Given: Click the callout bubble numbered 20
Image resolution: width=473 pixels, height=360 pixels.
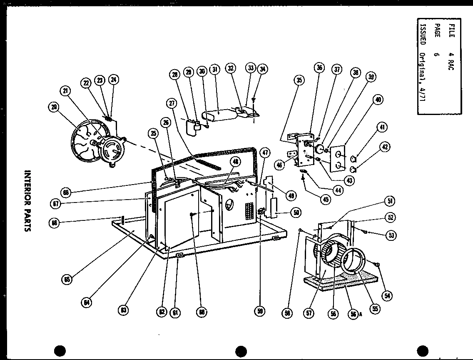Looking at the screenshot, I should (54, 107).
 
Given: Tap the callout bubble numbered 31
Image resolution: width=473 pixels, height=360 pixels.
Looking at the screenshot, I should (215, 70).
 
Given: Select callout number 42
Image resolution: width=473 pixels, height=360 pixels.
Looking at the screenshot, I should (385, 146).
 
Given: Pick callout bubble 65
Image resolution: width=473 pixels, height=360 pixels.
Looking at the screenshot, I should (66, 279).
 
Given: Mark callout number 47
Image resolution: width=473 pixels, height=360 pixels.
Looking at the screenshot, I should (265, 152).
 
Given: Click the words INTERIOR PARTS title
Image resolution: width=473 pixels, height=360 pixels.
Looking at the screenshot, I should (28, 200).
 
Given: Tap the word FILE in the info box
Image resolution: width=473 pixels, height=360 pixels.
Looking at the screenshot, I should (452, 30).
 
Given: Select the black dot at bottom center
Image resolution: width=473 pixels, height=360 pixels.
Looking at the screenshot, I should (241, 351).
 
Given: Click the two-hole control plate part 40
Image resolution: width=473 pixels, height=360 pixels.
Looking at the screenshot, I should (339, 158).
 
